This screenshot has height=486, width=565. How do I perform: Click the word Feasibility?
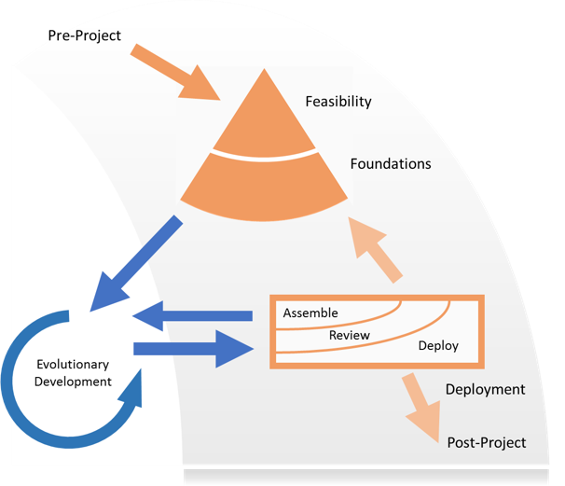point(338,100)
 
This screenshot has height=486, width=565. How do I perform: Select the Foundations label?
point(391,164)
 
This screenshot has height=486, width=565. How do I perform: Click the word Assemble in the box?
point(310,312)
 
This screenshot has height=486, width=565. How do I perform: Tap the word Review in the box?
point(351,335)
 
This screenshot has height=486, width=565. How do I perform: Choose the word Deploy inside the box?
point(438,346)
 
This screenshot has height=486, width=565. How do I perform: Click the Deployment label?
point(485,390)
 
